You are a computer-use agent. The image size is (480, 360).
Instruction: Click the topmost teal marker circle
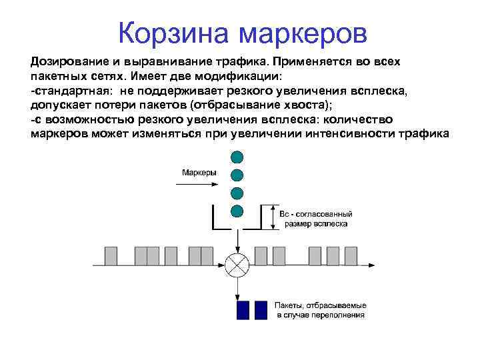[x=236, y=157]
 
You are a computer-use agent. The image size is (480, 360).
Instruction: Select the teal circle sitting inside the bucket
[x=236, y=211]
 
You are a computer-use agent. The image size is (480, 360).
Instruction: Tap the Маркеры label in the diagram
[x=199, y=172]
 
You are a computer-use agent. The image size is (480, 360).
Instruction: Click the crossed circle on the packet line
[x=236, y=265]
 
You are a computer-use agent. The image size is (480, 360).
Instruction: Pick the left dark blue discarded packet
[x=243, y=310]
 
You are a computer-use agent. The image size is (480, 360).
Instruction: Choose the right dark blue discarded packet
[x=261, y=310]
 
